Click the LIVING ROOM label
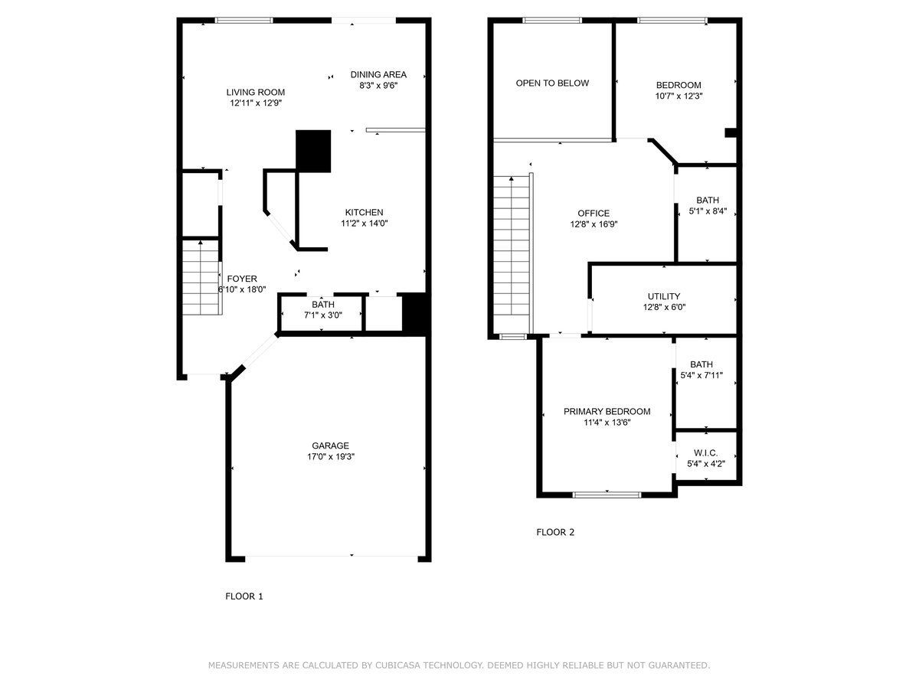point(255,93)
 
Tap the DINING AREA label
point(378,74)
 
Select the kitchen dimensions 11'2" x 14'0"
point(364,224)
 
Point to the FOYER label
point(242,279)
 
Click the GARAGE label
point(330,446)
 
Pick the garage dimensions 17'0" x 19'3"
point(330,456)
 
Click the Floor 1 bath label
point(323,305)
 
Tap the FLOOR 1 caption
point(244,596)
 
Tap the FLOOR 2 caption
point(555,532)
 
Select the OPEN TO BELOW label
point(552,83)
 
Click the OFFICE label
point(594,214)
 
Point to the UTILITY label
point(664,296)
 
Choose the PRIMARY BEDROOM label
point(607,412)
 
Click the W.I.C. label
point(705,453)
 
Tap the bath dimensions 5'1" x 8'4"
point(708,211)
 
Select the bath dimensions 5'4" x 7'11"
point(702,375)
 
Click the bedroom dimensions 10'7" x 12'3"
point(679,96)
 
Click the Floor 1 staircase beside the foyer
point(201,277)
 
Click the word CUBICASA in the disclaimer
point(397,665)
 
